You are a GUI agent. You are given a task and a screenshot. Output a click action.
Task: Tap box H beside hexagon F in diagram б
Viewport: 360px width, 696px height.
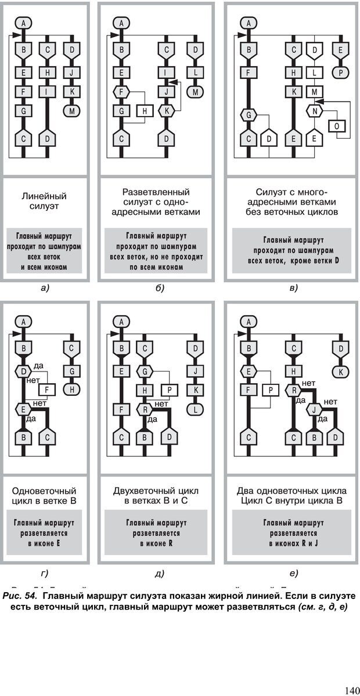(144, 110)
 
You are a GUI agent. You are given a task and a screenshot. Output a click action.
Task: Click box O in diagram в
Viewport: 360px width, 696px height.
(337, 125)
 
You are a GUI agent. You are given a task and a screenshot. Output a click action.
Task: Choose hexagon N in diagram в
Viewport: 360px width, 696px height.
(315, 110)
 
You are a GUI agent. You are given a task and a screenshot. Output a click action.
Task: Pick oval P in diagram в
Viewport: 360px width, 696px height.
(341, 73)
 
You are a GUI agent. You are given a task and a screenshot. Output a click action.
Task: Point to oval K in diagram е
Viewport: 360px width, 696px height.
(341, 370)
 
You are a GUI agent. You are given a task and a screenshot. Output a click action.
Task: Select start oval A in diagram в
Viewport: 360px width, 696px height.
(249, 23)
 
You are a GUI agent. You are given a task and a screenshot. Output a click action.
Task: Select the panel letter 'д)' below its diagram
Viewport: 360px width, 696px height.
(160, 574)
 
